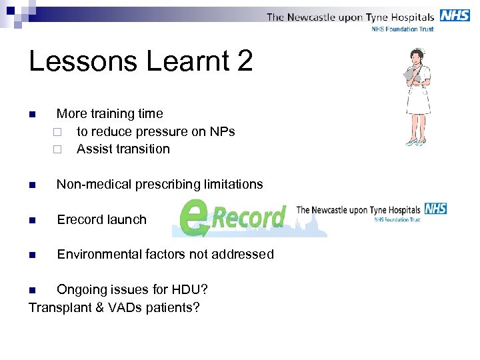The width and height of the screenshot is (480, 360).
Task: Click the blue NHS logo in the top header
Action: pyautogui.click(x=455, y=15)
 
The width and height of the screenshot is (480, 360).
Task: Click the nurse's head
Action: pyautogui.click(x=418, y=57)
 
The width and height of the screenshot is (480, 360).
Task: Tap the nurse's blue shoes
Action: pyautogui.click(x=417, y=142)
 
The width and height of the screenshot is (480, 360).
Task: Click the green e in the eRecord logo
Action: pyautogui.click(x=194, y=218)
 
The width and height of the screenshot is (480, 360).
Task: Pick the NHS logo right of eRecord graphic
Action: pyautogui.click(x=435, y=209)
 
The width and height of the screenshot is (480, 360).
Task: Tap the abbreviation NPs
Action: pyautogui.click(x=222, y=131)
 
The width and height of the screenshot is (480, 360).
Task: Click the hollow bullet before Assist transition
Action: pyautogui.click(x=58, y=149)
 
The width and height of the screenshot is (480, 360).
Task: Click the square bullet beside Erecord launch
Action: pyautogui.click(x=32, y=220)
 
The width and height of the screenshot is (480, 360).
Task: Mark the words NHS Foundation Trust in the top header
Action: pyautogui.click(x=403, y=29)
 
